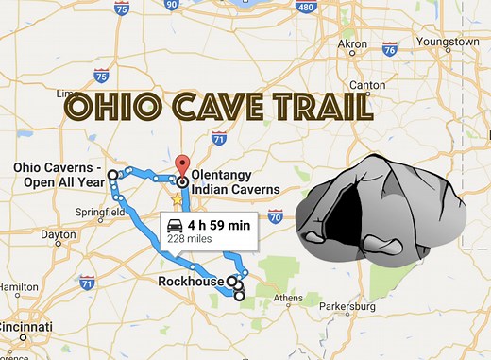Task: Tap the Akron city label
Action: pyautogui.click(x=353, y=43)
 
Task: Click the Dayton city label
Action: pyautogui.click(x=59, y=234)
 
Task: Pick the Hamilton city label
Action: pyautogui.click(x=20, y=286)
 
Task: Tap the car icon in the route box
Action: pyautogui.click(x=177, y=226)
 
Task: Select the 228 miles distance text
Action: pyautogui.click(x=190, y=240)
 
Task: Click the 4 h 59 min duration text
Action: pyautogui.click(x=218, y=225)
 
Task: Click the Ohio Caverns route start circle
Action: pyautogui.click(x=113, y=175)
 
